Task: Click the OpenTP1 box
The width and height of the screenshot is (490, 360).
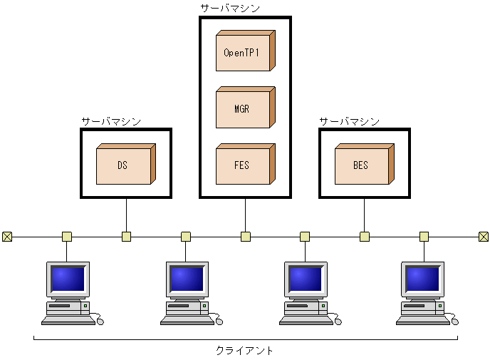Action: tap(243, 53)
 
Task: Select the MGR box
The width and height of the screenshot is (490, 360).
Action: tap(243, 110)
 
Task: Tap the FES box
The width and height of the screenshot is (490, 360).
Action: tap(243, 165)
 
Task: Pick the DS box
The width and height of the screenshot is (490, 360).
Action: tap(124, 165)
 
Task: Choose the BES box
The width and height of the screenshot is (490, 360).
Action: tap(362, 165)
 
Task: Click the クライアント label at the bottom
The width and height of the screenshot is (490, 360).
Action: tap(244, 351)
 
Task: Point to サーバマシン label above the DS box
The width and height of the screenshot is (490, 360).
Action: tap(111, 122)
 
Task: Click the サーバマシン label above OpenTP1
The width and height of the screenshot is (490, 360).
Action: tap(230, 9)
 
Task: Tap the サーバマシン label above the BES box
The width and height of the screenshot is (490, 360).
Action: tap(349, 122)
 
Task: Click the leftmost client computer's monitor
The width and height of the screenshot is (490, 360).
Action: tap(68, 279)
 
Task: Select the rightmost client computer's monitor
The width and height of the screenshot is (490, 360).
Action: tap(423, 279)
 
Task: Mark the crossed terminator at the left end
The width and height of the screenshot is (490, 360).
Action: tap(7, 237)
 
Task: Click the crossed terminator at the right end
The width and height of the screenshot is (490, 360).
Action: tap(483, 237)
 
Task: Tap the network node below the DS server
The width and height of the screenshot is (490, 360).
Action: tap(126, 237)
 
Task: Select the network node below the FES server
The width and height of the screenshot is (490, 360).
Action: tap(245, 237)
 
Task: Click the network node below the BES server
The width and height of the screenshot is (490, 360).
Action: tap(364, 237)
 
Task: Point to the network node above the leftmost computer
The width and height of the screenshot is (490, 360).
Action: tap(67, 237)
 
